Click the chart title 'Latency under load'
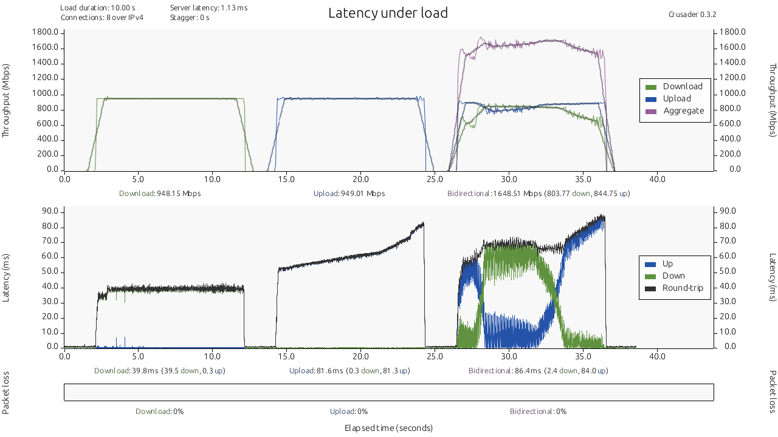(x=388, y=13)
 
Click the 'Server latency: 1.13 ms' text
(x=208, y=8)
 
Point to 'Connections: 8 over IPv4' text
(x=102, y=18)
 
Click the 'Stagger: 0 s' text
(x=190, y=18)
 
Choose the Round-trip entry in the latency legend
(x=674, y=288)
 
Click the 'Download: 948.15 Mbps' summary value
(x=160, y=194)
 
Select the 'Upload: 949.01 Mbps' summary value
(x=349, y=194)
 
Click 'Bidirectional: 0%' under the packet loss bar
(x=538, y=412)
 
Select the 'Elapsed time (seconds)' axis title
(x=388, y=428)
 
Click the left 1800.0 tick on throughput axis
(x=46, y=32)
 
